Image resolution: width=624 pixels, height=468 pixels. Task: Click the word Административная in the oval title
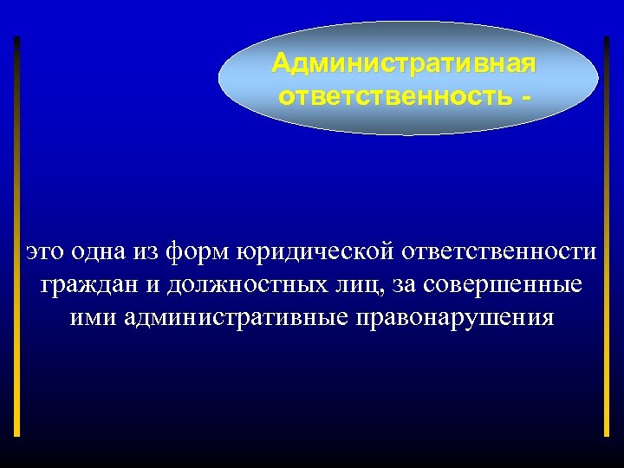pos(404,65)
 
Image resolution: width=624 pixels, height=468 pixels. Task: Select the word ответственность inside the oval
pos(395,94)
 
